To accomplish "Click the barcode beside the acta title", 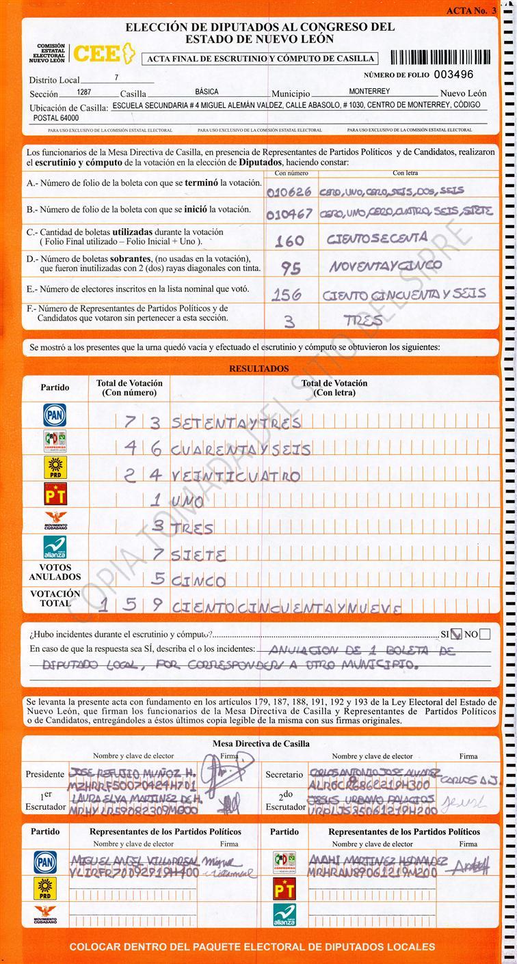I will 439,57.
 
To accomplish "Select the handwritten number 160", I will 289,240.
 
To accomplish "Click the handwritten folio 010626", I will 289,191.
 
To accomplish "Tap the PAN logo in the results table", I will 55,414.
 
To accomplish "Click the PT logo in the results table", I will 55,493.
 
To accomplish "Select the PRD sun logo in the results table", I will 55,467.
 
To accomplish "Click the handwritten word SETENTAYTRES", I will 236,422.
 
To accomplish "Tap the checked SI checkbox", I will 457,634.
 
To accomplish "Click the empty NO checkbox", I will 485,634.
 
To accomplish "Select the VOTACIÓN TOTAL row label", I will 55,598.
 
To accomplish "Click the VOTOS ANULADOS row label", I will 55,572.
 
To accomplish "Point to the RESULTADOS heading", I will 258,369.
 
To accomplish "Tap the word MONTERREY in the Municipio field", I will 369,92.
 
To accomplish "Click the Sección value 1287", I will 84,92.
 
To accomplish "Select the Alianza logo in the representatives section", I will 284,913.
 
